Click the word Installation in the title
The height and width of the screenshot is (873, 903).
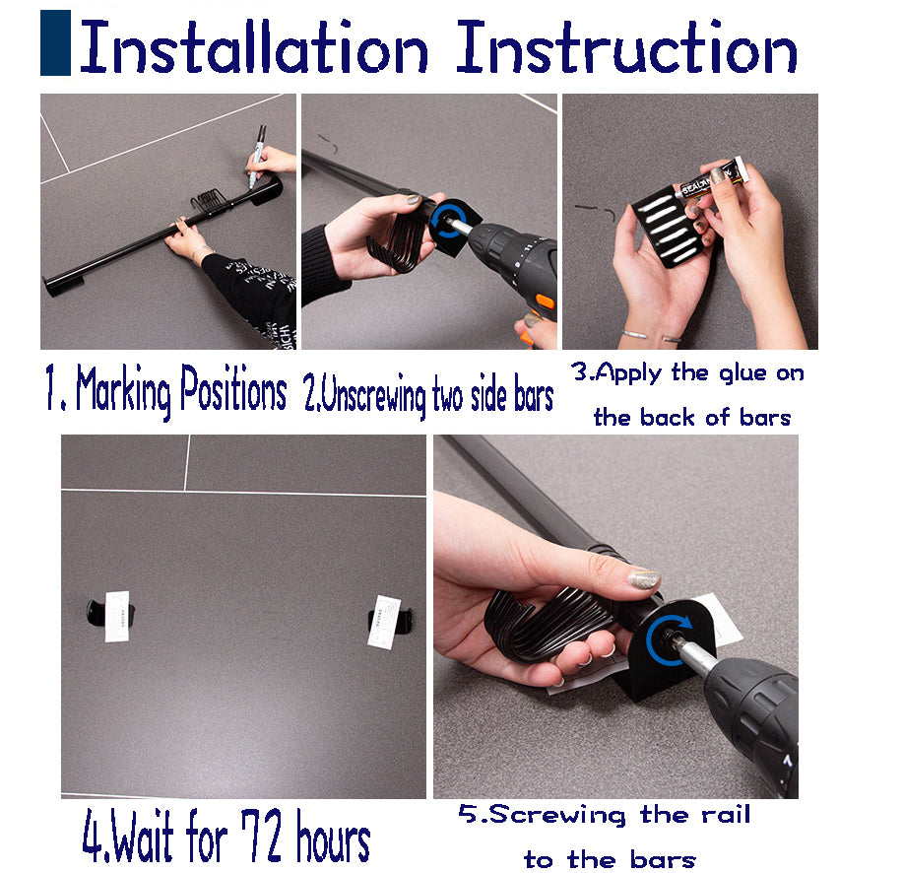(254, 48)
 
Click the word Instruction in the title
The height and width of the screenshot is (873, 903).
(626, 48)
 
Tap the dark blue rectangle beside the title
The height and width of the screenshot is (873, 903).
(55, 43)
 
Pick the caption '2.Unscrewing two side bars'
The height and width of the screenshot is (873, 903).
(427, 396)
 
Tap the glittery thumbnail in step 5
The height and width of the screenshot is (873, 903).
(643, 579)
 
